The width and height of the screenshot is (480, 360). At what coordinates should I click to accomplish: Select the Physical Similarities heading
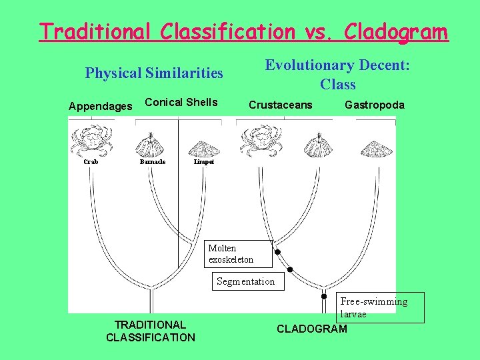(154, 73)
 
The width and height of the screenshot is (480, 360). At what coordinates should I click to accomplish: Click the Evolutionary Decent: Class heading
(337, 75)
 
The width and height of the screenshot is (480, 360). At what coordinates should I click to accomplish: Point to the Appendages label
(101, 106)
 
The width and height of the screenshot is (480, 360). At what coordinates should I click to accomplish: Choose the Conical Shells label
(181, 102)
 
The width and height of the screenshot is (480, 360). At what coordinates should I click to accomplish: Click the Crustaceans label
(280, 105)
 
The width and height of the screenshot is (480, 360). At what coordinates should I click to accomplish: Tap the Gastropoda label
(374, 105)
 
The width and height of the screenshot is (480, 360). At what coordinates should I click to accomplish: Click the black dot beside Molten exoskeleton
(278, 252)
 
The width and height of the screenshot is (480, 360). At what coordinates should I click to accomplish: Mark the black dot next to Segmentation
(291, 269)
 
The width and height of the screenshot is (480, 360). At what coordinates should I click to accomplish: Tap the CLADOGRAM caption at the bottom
(311, 329)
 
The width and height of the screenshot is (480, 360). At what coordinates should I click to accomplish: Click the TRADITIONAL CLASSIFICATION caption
(151, 331)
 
